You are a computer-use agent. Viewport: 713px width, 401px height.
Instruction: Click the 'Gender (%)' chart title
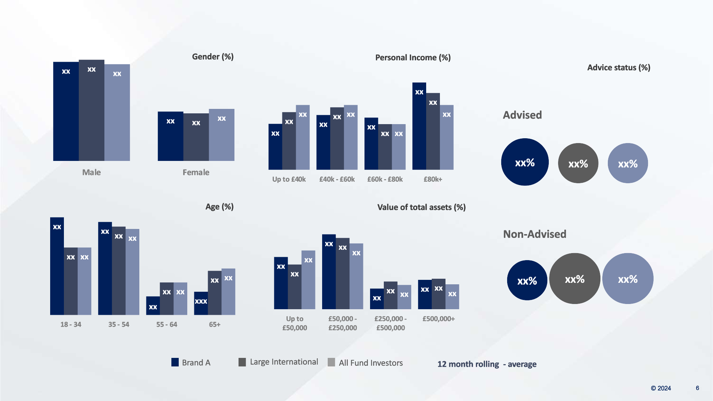point(213,56)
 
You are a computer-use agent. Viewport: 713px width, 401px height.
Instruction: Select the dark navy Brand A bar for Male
point(66,111)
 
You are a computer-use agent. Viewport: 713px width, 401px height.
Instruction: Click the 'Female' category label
point(196,172)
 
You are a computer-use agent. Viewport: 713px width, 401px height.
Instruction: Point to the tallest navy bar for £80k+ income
point(419,126)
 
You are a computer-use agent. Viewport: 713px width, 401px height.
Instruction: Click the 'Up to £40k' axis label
point(289,179)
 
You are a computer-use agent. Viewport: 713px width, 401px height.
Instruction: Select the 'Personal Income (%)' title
point(413,58)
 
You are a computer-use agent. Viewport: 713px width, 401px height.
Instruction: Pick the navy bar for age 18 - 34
point(57,266)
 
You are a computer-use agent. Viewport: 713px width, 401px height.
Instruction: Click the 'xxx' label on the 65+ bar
point(201,301)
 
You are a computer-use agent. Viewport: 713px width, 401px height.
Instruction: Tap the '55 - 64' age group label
point(166,324)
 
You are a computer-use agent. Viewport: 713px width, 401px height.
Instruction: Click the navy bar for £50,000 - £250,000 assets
point(329,272)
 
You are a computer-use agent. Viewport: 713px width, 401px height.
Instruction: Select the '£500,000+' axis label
point(438,319)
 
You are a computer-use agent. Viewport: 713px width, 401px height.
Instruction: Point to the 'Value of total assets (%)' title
point(421,207)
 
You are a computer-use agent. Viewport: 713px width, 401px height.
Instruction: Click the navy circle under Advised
point(525,162)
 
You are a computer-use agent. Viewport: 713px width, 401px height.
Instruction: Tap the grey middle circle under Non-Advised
point(574,279)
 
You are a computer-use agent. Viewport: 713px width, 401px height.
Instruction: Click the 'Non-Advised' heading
point(534,234)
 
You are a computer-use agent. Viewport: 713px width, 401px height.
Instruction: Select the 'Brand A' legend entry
point(191,362)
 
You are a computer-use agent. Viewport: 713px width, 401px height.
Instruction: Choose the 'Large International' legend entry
point(278,362)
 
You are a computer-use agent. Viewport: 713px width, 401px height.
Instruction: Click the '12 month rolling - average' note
point(487,364)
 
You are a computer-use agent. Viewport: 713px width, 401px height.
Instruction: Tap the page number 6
point(697,388)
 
